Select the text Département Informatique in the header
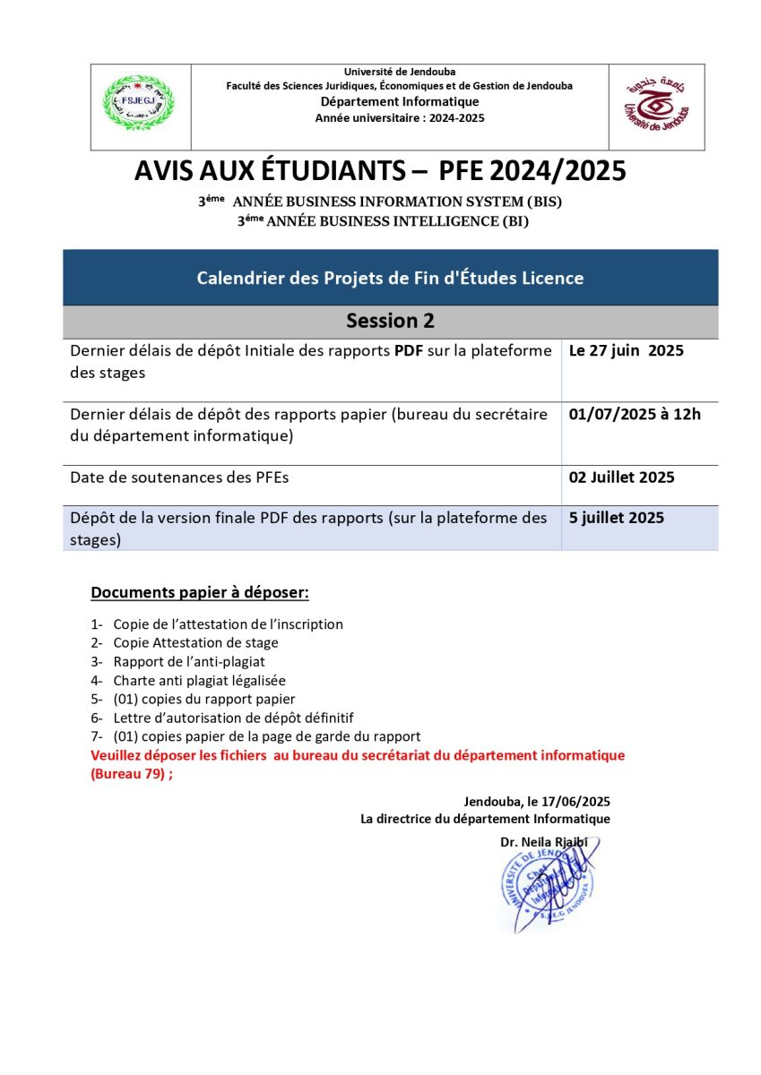click(x=400, y=102)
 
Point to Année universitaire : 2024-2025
click(x=400, y=118)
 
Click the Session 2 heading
click(x=391, y=321)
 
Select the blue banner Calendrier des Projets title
click(x=391, y=278)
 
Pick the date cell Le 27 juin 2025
click(x=627, y=351)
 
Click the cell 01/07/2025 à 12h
click(x=635, y=414)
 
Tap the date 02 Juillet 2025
click(x=622, y=477)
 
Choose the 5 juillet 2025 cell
click(x=617, y=518)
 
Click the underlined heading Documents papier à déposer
click(x=200, y=593)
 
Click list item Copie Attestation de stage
click(x=195, y=643)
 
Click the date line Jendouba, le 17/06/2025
click(x=537, y=802)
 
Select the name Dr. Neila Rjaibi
click(x=549, y=842)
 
